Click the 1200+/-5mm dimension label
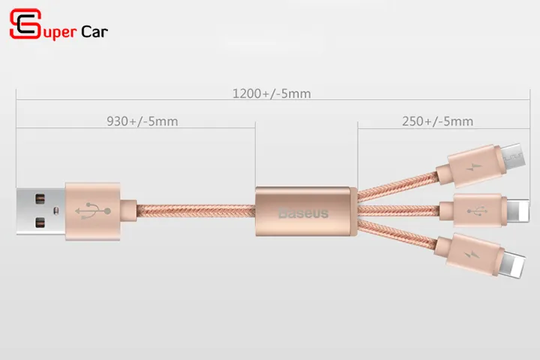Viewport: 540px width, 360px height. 271,93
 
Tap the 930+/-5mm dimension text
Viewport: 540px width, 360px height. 142,121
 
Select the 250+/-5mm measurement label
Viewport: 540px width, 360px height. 438,121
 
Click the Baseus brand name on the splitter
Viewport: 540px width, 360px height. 304,213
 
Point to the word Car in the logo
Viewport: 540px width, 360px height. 94,32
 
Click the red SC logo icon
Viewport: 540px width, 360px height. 25,23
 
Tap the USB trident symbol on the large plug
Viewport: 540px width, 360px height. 93,211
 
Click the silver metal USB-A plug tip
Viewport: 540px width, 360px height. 40,211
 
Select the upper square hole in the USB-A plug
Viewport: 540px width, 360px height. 40,199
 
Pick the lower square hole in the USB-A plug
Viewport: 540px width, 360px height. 40,223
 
